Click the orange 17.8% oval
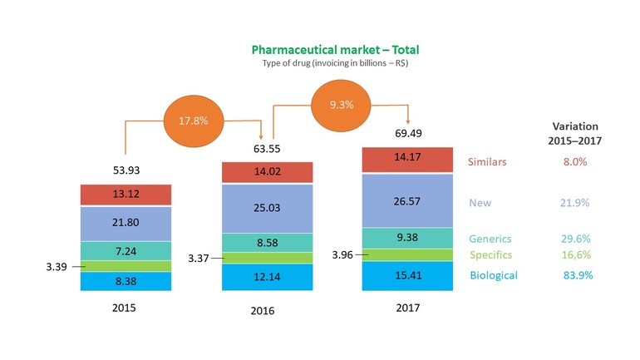(194, 120)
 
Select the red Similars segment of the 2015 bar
(126, 195)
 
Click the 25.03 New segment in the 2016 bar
(267, 207)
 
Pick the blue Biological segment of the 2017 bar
(407, 275)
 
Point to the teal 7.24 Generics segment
(126, 250)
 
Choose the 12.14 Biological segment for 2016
(267, 276)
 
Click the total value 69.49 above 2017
(406, 134)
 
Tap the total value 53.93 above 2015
(126, 170)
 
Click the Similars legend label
(488, 162)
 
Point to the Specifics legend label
(490, 254)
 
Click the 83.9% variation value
(574, 275)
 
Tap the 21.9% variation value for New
(574, 202)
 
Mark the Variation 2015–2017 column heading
(574, 133)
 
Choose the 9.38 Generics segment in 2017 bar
(407, 237)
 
